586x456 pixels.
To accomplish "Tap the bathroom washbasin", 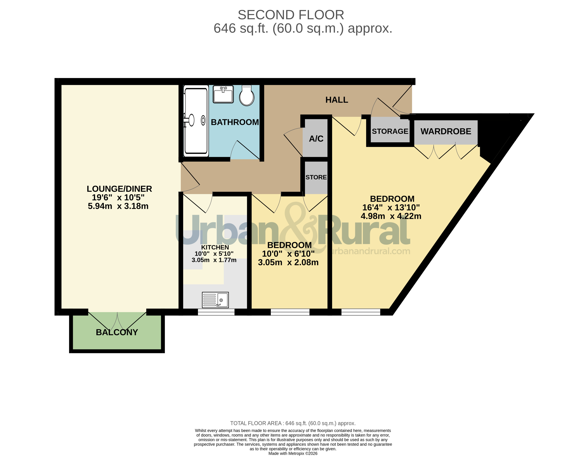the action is pos(223,94).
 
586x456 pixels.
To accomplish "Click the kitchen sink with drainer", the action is pos(215,300).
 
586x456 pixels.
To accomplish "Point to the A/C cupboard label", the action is pos(316,139).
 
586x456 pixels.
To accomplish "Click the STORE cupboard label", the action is pos(316,177).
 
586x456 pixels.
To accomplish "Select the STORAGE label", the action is pos(390,131).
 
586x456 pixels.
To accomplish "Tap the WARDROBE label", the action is pos(446,131).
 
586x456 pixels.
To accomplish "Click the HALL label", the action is pos(337,100).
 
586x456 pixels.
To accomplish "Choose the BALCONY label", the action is pos(117,332).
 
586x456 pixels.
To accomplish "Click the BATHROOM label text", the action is pos(235,122).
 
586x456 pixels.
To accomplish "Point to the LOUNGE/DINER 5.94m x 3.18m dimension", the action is pos(118,206).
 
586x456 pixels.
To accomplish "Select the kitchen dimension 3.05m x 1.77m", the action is pos(214,260).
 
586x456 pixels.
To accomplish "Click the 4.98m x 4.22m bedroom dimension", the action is pos(391,216).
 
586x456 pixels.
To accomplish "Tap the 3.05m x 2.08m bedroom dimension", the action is pos(288,262).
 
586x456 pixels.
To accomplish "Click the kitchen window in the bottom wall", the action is pos(216,312).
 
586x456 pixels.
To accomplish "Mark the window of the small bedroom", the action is pos(290,312).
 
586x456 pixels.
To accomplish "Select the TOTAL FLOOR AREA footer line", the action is pos(293,423).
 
